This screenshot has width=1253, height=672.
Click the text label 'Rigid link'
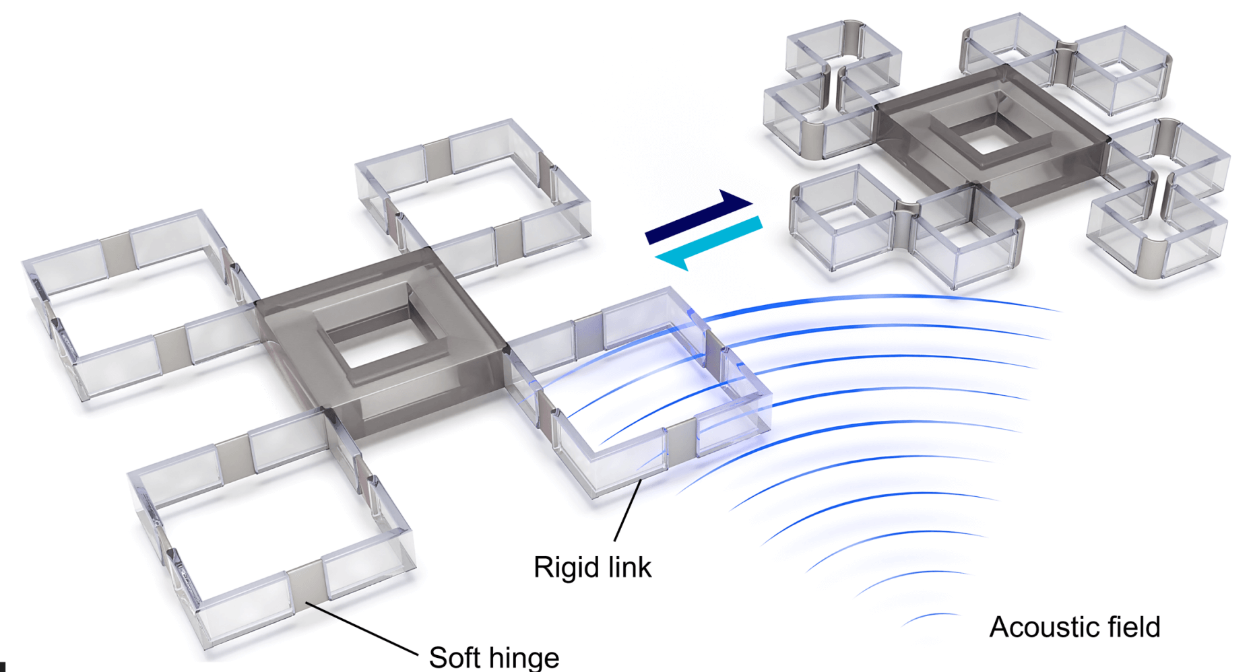[x=592, y=567]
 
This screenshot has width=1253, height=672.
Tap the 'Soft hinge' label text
[x=494, y=657]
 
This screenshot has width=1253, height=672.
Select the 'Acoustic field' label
[x=1074, y=627]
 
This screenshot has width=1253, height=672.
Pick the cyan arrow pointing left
[x=708, y=243]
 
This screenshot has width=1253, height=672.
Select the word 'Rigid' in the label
[x=567, y=568]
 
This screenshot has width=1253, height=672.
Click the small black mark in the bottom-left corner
[x=3, y=666]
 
